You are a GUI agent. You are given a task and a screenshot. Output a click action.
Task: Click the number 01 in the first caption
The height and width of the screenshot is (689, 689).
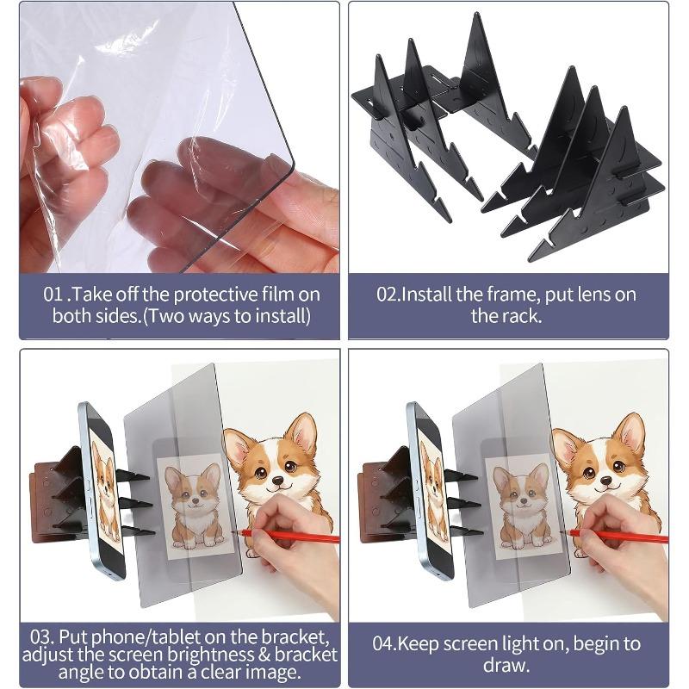click(53, 294)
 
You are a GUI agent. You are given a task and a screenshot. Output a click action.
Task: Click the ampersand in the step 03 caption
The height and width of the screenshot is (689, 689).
click(264, 655)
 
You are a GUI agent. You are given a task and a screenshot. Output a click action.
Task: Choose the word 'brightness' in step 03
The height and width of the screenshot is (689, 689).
click(211, 655)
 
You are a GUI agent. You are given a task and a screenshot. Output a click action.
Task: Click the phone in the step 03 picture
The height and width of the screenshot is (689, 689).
click(102, 491)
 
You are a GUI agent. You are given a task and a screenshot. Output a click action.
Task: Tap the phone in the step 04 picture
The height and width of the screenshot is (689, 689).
click(430, 491)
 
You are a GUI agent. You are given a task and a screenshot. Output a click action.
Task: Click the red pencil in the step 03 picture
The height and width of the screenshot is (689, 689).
click(289, 535)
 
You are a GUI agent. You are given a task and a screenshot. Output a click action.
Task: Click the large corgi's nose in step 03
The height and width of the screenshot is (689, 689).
click(277, 481)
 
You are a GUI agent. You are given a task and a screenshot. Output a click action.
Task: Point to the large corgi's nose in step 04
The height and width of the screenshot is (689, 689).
click(606, 481)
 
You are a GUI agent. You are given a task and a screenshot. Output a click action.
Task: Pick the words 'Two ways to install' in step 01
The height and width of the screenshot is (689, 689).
click(227, 316)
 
